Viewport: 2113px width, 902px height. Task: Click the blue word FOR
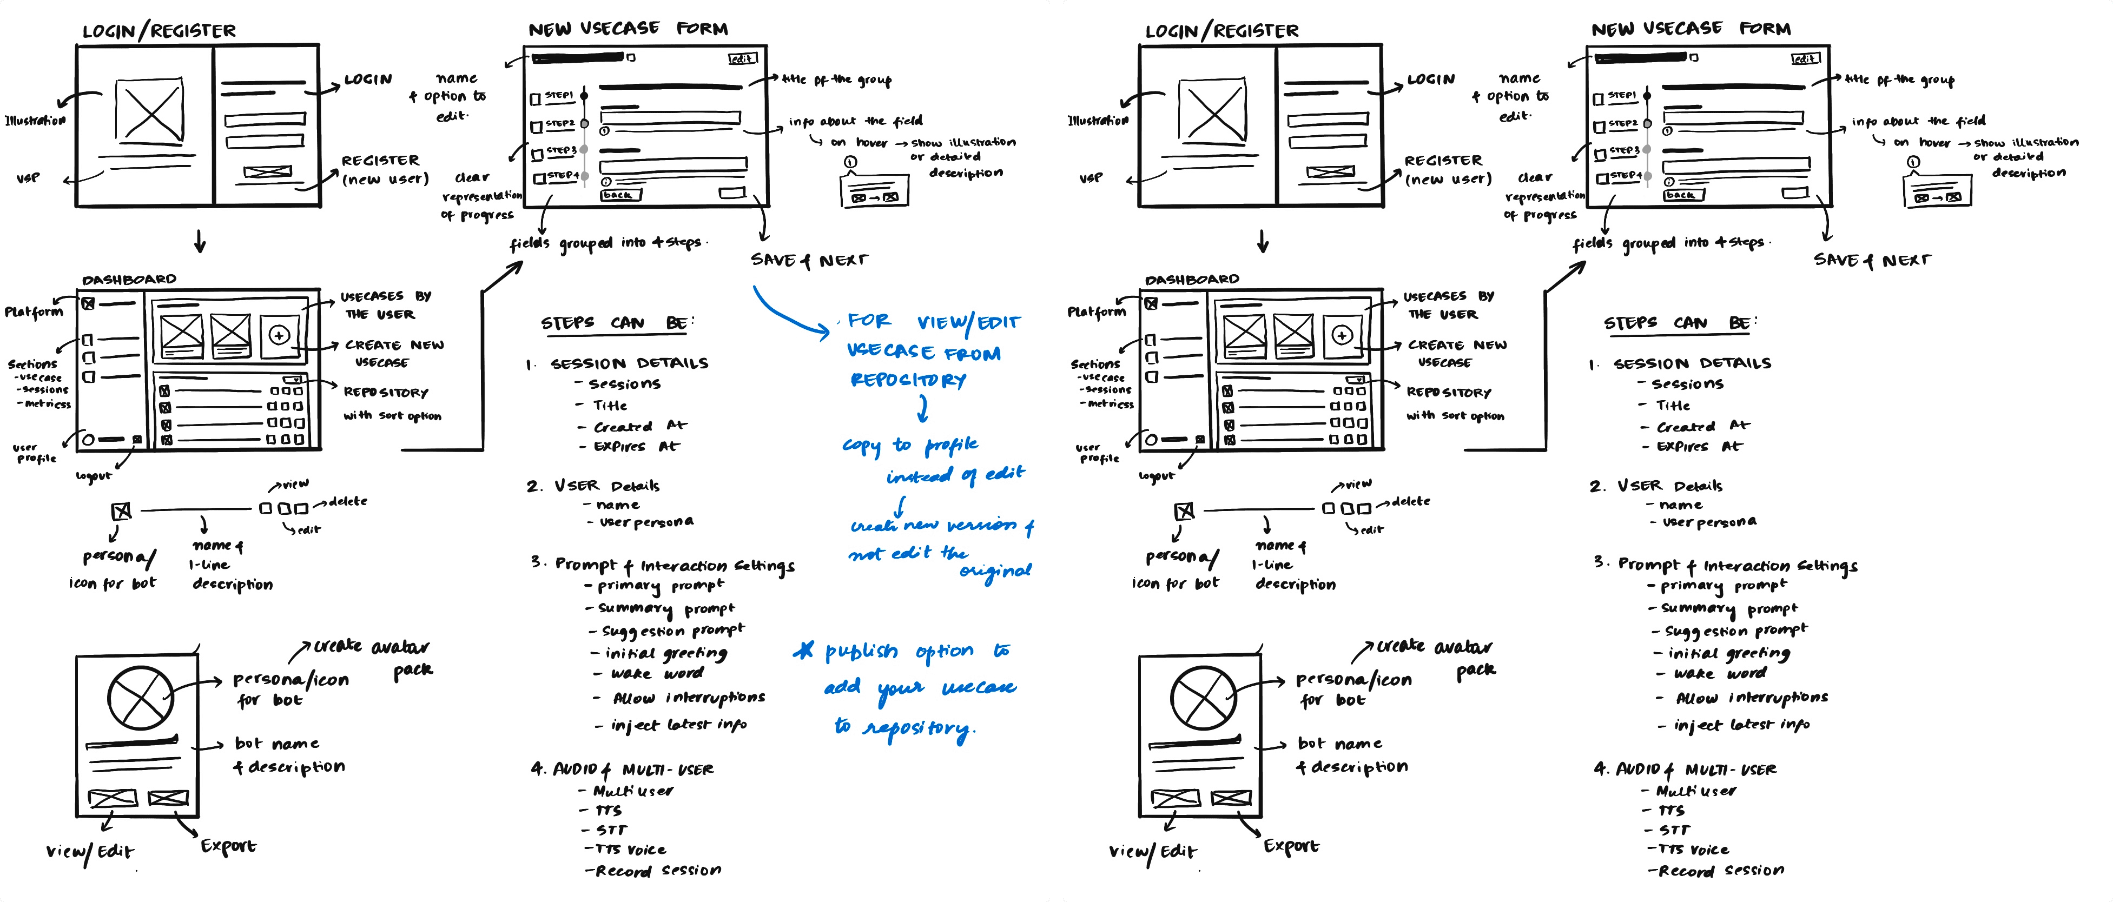pyautogui.click(x=869, y=321)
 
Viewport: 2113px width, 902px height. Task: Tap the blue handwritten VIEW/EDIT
pyautogui.click(x=968, y=323)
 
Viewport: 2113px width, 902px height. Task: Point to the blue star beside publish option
pyautogui.click(x=804, y=651)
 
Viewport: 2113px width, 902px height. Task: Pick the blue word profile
pyautogui.click(x=952, y=445)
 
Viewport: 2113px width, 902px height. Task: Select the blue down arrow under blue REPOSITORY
pyautogui.click(x=923, y=408)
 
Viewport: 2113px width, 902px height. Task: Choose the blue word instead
pyautogui.click(x=919, y=475)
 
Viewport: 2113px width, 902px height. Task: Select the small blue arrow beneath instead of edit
pyautogui.click(x=900, y=505)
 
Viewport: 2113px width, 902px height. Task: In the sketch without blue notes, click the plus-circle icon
pyautogui.click(x=1342, y=335)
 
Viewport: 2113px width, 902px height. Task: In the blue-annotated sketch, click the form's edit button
pyautogui.click(x=742, y=58)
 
